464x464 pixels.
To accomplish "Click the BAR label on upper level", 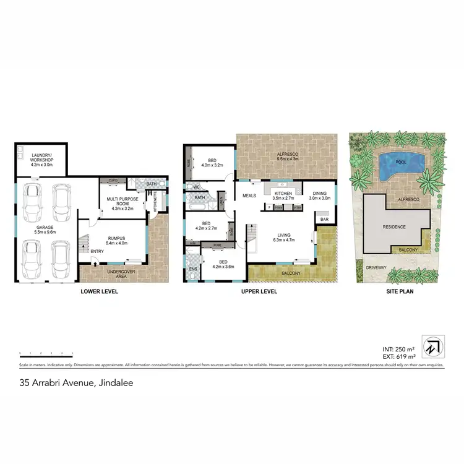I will coord(324,219).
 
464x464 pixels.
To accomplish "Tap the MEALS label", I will coord(249,195).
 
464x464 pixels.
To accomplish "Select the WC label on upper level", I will coord(195,187).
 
